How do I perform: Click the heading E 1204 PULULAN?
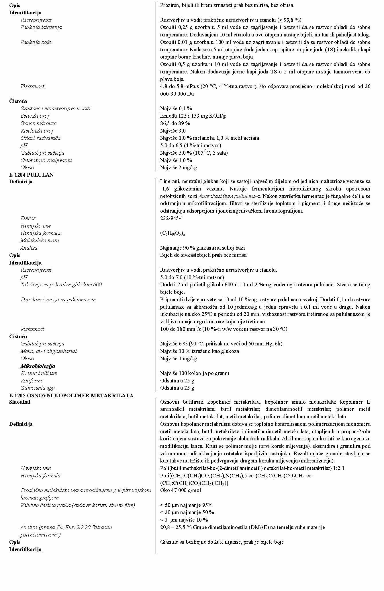coord(31,175)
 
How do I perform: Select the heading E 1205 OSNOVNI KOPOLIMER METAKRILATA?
coord(71,395)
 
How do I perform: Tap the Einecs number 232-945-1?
coord(172,218)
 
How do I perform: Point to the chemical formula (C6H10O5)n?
coord(173,233)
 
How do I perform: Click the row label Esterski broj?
coord(35,116)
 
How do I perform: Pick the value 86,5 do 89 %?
coord(175,123)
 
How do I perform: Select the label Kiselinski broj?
coord(37,131)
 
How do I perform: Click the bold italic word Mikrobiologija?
coord(38,366)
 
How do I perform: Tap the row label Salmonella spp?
coord(38,388)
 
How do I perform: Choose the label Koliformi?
coord(31,381)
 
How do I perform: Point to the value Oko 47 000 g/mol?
coord(181,490)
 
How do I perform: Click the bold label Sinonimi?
coord(19,402)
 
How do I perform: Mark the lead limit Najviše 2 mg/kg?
coord(179,168)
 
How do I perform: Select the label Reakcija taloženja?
coord(41,27)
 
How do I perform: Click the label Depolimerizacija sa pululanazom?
coord(58,300)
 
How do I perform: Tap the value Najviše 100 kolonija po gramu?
coord(195,373)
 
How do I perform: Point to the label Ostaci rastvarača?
coord(40,138)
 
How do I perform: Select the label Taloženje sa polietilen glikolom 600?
coord(61,285)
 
